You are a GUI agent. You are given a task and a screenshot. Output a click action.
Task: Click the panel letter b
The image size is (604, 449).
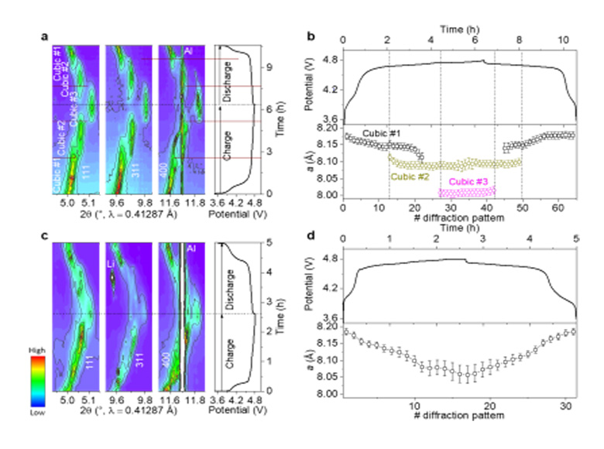tap(311, 36)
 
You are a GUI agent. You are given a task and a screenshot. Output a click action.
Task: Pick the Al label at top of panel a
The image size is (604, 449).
tap(187, 52)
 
